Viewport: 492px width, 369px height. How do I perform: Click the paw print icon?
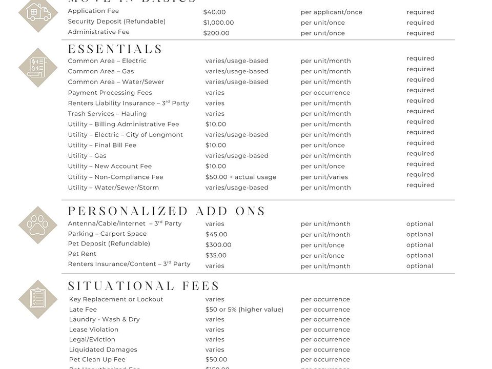38,225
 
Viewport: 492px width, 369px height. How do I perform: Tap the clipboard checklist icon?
38,299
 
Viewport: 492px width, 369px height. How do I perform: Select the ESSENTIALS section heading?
115,49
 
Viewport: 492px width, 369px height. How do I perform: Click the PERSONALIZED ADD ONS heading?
167,211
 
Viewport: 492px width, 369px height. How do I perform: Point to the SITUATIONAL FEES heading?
144,286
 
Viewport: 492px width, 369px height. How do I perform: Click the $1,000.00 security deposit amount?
218,23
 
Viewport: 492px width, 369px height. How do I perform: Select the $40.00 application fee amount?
214,12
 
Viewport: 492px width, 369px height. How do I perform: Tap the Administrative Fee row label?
98,32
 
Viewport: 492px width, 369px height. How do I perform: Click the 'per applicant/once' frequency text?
331,12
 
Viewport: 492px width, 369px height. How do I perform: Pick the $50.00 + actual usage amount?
241,177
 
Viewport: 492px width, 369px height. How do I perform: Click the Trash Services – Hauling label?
107,114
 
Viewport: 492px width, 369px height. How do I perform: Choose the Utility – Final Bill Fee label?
102,145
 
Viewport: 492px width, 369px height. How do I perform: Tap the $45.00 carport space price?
216,235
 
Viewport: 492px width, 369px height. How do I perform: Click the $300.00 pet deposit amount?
218,245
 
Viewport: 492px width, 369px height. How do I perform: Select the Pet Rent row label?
82,254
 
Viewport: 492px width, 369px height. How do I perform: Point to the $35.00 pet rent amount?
216,256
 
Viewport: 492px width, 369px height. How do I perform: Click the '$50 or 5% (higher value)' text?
244,310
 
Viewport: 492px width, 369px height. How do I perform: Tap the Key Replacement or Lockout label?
116,299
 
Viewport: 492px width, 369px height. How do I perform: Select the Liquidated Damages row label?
103,350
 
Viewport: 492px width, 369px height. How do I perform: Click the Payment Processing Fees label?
110,93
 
